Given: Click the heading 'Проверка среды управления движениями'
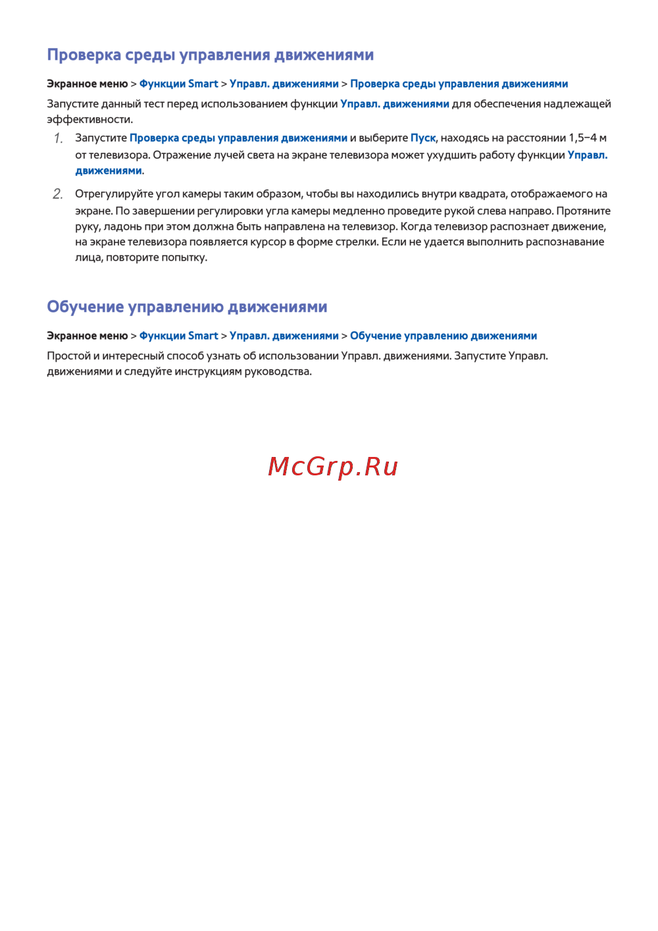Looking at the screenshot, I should click(x=210, y=55).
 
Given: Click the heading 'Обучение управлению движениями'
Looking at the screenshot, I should click(x=187, y=307).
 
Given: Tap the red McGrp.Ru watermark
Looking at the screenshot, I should click(x=333, y=467).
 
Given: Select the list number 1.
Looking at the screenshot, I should click(x=58, y=138).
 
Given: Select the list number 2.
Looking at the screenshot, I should click(x=58, y=194).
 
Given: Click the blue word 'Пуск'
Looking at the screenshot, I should click(x=423, y=138).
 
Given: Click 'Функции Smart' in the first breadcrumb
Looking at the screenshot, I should click(x=178, y=84).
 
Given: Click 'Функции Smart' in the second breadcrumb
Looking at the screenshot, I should click(x=178, y=336).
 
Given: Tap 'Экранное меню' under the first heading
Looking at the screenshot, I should click(x=87, y=84).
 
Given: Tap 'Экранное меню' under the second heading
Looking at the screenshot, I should click(x=87, y=336).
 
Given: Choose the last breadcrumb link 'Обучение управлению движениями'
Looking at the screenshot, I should click(x=443, y=336).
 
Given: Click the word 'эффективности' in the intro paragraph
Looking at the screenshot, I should click(x=89, y=120).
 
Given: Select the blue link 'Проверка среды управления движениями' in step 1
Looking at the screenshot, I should click(x=238, y=138).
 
